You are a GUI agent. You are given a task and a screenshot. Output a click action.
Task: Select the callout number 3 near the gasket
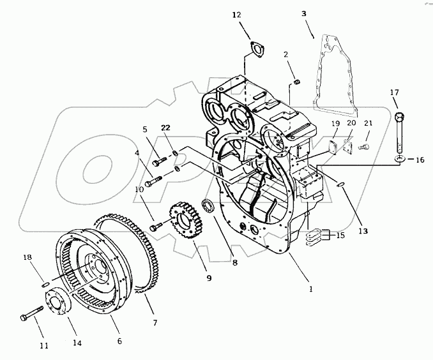(304, 12)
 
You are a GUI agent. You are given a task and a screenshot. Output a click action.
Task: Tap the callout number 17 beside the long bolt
(394, 93)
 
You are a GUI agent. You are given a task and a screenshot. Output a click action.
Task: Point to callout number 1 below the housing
(311, 289)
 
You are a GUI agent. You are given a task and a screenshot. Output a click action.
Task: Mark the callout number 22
(166, 130)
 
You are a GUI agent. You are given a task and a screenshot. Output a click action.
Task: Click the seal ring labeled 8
(208, 207)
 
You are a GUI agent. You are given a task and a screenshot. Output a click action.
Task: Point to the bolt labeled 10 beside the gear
(156, 226)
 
